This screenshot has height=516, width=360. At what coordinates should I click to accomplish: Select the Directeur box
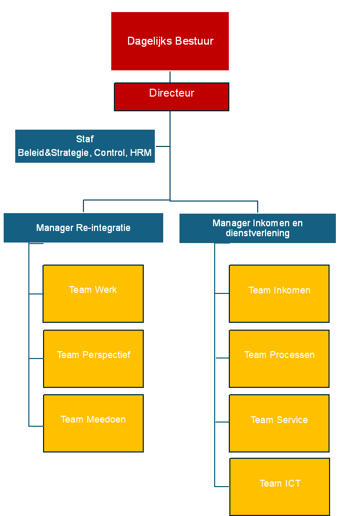coord(172,97)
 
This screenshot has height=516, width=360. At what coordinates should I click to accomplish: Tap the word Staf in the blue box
coord(84,139)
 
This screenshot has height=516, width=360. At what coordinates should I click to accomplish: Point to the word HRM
coord(141,153)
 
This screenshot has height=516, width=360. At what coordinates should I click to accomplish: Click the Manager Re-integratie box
coord(83,228)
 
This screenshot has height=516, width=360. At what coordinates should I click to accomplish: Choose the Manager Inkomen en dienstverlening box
coord(257,228)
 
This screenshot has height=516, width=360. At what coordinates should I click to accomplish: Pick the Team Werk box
coord(93,293)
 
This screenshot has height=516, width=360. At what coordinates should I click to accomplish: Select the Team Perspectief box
coord(93,359)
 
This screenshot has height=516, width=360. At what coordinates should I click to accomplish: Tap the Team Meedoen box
coord(93,423)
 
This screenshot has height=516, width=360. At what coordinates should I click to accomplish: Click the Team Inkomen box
coord(279,293)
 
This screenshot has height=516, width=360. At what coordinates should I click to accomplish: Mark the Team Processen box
coord(279,359)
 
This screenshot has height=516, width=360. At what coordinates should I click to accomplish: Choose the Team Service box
coord(279,423)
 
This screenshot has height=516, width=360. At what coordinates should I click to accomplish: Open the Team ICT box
coord(280,487)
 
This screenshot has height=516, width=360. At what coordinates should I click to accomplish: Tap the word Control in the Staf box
coord(110,153)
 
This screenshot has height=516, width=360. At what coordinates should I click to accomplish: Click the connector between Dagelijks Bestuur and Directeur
coord(170,77)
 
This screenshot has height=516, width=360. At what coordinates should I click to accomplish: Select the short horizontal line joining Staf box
coord(162,146)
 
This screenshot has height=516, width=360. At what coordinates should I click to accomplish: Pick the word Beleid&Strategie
coord(54,153)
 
